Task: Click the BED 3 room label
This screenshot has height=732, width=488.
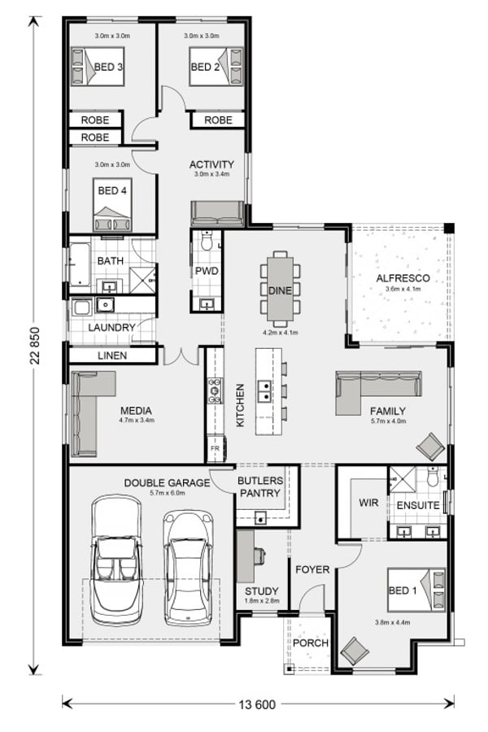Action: (108, 68)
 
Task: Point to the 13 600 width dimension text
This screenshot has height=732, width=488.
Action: (258, 704)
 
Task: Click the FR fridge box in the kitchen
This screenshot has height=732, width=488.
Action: (214, 448)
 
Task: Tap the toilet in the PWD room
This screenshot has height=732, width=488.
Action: (207, 242)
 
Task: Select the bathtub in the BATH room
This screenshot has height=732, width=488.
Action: (79, 266)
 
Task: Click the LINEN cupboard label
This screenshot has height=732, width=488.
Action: (112, 356)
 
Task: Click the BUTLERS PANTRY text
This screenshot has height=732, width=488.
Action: (259, 487)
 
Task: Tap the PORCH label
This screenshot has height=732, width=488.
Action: (310, 643)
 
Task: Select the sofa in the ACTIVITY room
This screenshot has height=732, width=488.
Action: (217, 214)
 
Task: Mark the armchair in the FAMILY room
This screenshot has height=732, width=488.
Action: (431, 446)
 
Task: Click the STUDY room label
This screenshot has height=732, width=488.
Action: (261, 591)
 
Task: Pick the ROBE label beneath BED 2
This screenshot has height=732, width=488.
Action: (218, 120)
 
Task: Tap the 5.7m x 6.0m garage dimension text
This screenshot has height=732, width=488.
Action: (167, 493)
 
